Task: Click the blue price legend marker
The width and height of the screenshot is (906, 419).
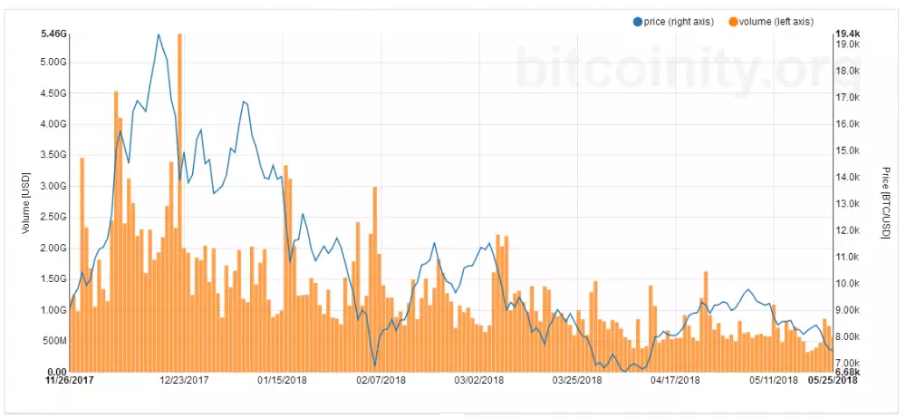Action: (637, 21)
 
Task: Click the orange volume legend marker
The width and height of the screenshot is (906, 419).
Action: (732, 21)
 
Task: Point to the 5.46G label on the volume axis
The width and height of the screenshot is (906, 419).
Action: (53, 34)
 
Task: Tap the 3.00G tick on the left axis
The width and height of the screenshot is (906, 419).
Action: (53, 186)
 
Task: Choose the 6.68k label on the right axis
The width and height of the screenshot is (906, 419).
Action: (846, 372)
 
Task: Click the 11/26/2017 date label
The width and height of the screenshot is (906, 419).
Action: (70, 381)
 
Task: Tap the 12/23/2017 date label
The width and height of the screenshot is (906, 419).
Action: (184, 381)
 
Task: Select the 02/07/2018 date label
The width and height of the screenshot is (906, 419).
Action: (381, 381)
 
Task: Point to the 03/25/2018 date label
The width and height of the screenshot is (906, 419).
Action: (576, 381)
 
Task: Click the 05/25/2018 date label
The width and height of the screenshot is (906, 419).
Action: (833, 381)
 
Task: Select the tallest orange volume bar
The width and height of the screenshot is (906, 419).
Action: (179, 200)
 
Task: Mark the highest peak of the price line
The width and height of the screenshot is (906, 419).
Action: (159, 34)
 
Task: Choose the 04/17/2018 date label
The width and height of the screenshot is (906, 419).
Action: (675, 381)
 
